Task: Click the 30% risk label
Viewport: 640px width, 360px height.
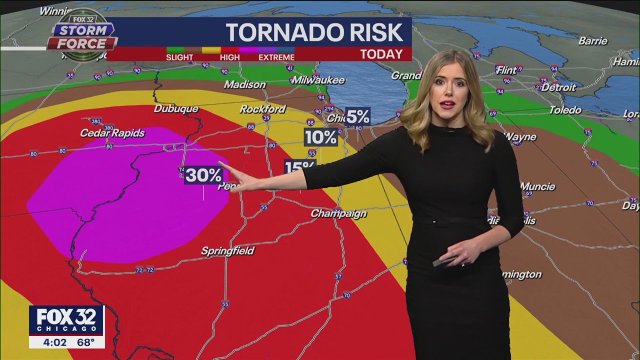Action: tap(203, 175)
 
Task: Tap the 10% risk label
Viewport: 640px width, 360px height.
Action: tap(320, 137)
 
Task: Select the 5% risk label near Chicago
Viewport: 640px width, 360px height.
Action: tap(357, 116)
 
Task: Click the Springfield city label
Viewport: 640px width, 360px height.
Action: tap(228, 250)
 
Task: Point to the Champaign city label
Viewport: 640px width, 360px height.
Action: tap(338, 213)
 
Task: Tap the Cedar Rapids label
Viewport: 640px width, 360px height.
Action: tap(112, 133)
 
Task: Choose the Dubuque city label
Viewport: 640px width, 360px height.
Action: tap(176, 108)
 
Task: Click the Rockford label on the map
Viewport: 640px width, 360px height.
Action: tap(262, 109)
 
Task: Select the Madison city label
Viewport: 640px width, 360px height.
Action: tap(244, 84)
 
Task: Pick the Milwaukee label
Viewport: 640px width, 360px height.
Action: tap(318, 80)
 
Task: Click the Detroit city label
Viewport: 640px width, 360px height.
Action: tap(558, 87)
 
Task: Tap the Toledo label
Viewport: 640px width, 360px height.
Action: tap(565, 110)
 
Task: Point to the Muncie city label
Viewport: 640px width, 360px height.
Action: tap(537, 186)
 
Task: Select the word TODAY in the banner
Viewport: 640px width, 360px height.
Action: tap(381, 54)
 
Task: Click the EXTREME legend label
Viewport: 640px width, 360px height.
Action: tap(276, 57)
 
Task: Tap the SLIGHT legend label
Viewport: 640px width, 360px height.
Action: tap(179, 57)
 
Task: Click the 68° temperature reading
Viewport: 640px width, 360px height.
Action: tap(85, 342)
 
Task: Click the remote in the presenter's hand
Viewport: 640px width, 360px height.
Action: tap(443, 261)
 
